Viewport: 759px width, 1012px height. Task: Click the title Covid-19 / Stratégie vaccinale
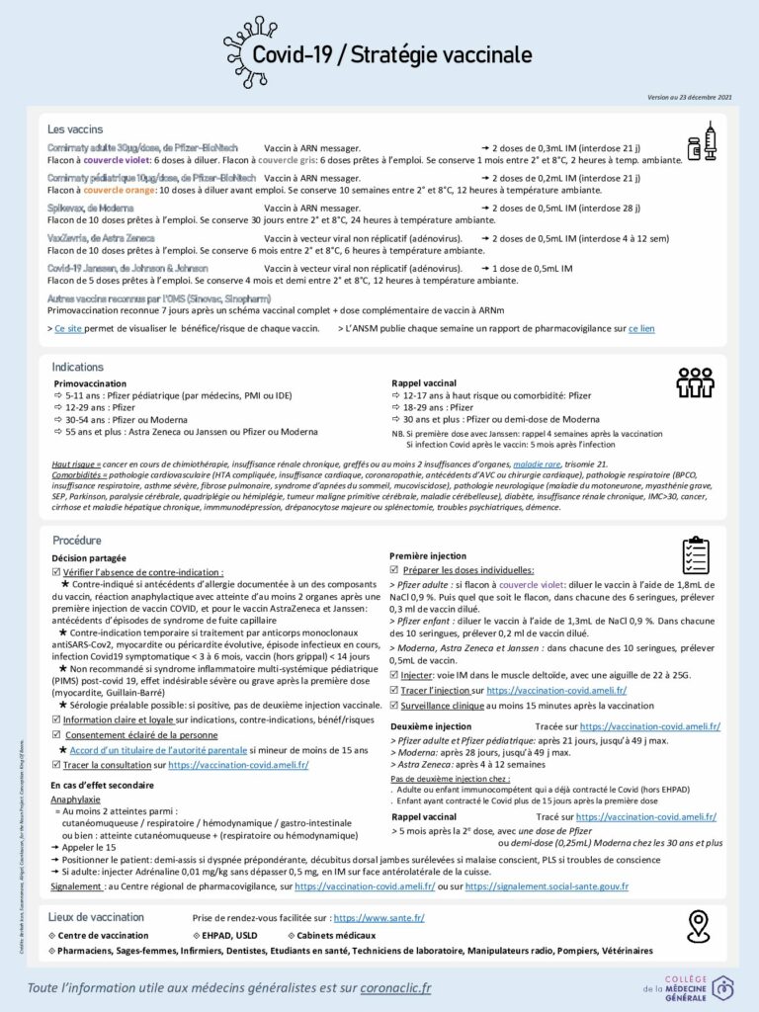click(391, 54)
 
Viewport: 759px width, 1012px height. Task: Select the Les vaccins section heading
click(76, 129)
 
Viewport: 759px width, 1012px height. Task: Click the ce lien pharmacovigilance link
click(641, 328)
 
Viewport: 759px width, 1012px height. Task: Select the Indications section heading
click(78, 367)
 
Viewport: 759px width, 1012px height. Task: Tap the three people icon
click(694, 382)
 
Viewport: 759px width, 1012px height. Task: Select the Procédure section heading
click(77, 541)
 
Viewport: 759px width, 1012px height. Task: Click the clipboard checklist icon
click(696, 556)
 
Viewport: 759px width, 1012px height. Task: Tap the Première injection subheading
click(428, 556)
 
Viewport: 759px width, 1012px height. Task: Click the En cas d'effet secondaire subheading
click(103, 785)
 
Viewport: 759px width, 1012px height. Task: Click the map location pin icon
click(699, 926)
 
